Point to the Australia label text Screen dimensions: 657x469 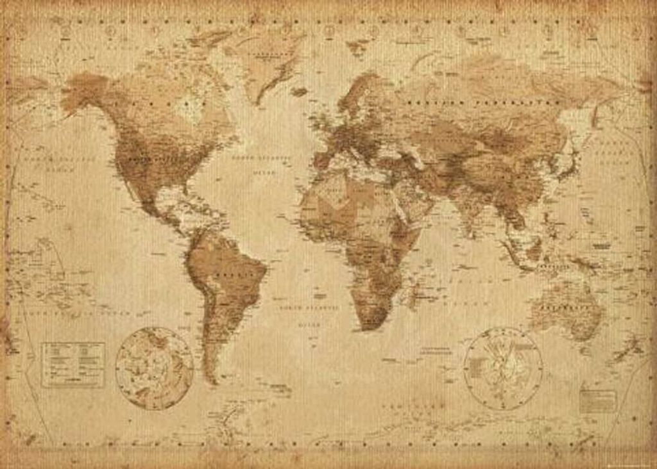coord(565,308)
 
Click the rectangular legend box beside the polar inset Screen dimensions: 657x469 coord(73,364)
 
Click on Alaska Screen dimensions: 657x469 coord(87,90)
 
